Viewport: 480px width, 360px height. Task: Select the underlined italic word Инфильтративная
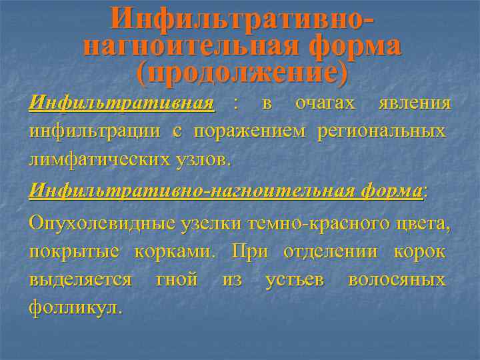pyautogui.click(x=122, y=104)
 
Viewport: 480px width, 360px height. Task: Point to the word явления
pyautogui.click(x=414, y=104)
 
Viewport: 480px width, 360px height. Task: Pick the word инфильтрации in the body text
pyautogui.click(x=94, y=131)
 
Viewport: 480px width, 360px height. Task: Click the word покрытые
pyautogui.click(x=73, y=252)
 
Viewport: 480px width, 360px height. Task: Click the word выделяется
pyautogui.click(x=80, y=280)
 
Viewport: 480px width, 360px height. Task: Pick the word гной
pyautogui.click(x=176, y=280)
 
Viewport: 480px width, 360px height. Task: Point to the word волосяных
pyautogui.click(x=397, y=280)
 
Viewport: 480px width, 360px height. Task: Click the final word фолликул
pyautogui.click(x=75, y=308)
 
